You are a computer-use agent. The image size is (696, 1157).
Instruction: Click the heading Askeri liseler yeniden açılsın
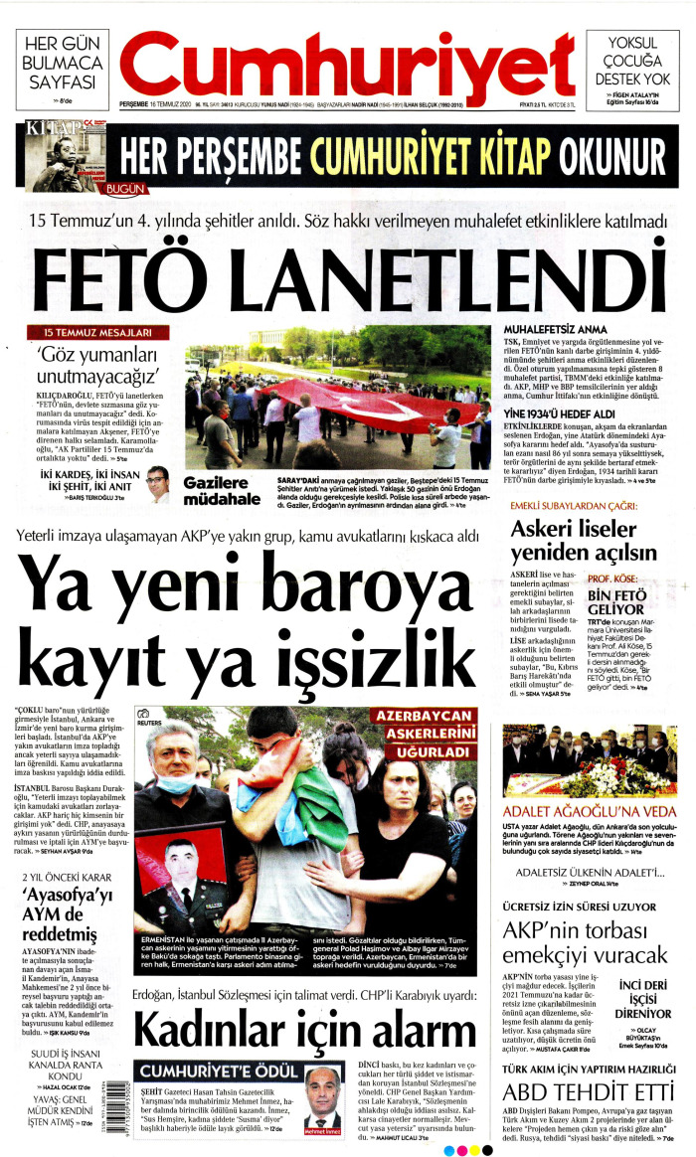[580, 541]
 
